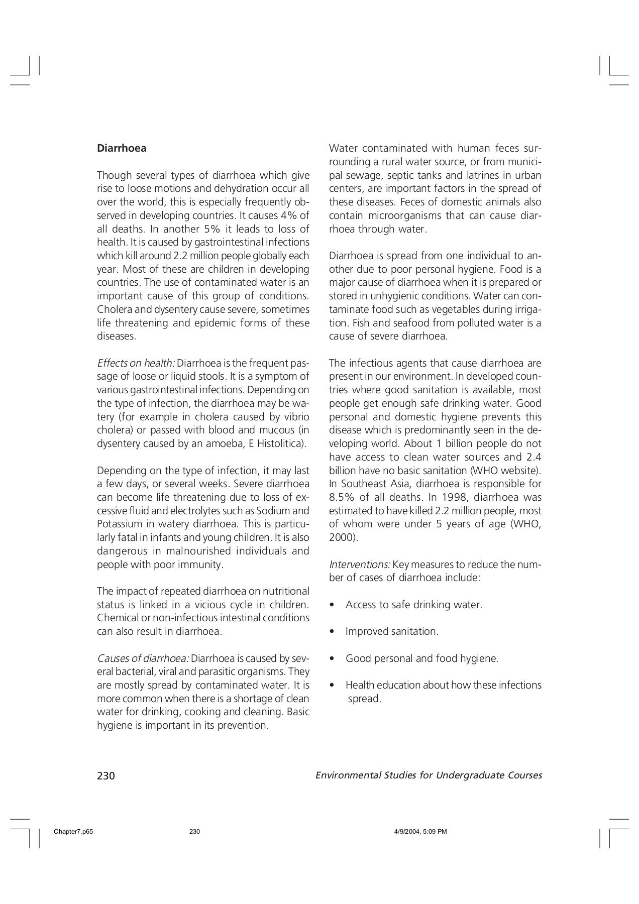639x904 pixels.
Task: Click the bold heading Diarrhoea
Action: coord(122,148)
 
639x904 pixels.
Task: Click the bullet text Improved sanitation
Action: coord(392,632)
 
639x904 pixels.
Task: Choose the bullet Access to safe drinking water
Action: coord(413,605)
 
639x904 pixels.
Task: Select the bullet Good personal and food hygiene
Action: coord(421,658)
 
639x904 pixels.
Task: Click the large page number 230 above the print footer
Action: coord(106,776)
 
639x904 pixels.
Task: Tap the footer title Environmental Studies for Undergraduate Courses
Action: coord(429,775)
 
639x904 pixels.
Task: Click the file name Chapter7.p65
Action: coord(73,832)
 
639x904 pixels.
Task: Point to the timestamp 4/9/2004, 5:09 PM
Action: coord(414,832)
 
